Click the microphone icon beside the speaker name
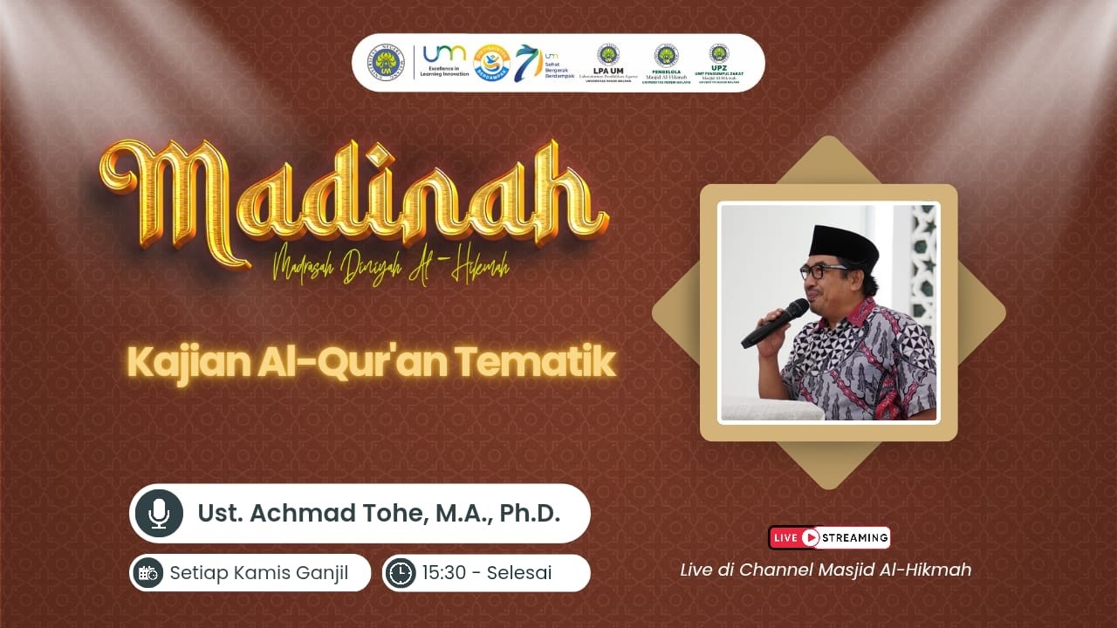pos(159,514)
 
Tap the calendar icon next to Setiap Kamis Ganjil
pos(148,573)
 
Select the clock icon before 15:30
pos(401,573)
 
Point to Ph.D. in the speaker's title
pos(530,514)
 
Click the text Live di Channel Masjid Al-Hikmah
pos(826,570)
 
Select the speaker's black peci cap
pos(843,245)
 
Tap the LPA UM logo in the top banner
pos(607,64)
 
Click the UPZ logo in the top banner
pos(719,64)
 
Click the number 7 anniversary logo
pos(526,63)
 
